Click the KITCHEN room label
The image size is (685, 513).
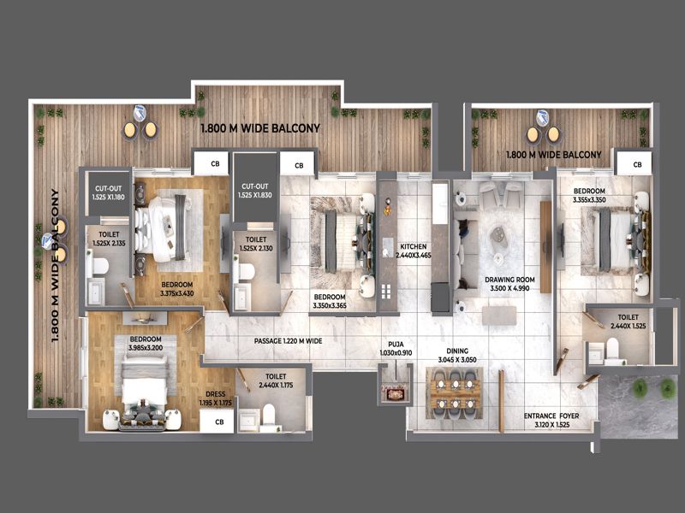click(414, 246)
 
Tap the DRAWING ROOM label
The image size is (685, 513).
click(509, 280)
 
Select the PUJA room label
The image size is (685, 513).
click(396, 345)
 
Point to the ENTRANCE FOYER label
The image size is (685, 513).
click(551, 416)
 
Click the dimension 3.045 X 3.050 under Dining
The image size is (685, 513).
click(457, 360)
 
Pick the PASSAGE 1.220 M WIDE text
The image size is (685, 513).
click(289, 340)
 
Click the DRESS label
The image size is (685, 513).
click(216, 394)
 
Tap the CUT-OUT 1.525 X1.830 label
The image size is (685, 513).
click(255, 191)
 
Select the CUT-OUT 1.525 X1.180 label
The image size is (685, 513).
click(109, 193)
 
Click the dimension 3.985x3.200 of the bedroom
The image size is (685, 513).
click(146, 348)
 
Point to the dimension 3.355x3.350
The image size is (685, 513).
click(589, 200)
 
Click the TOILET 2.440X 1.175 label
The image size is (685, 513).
click(276, 380)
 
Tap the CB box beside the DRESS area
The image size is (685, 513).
click(218, 421)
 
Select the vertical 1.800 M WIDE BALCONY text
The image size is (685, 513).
click(55, 265)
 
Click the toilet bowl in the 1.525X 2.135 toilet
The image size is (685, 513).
click(100, 267)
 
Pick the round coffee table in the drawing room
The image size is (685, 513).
click(499, 237)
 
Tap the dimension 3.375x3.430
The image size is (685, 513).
click(177, 293)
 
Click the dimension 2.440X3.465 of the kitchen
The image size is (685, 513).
click(414, 255)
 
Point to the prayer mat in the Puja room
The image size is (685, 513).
click(396, 393)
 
